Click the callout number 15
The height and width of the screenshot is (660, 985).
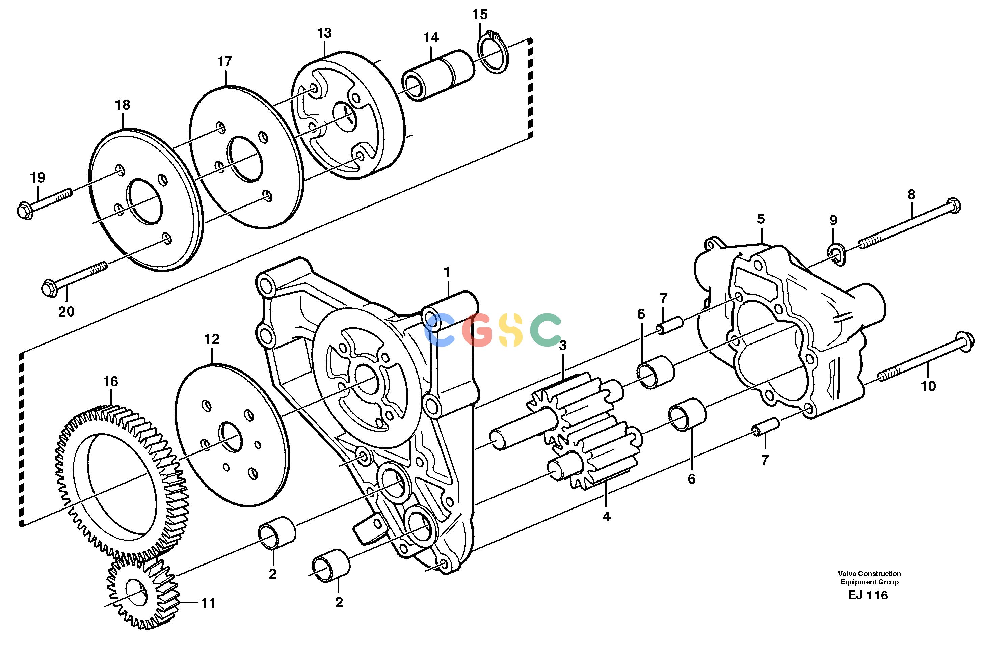[479, 15]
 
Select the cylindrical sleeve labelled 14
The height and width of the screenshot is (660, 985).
[438, 75]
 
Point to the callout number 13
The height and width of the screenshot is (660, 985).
[324, 33]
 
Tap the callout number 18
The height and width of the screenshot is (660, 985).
[123, 105]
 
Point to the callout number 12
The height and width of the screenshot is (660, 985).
[212, 339]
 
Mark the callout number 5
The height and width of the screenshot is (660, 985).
[761, 219]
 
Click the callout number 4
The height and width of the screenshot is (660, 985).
[606, 517]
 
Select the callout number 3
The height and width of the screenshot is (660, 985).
[563, 346]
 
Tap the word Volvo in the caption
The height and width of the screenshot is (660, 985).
[846, 573]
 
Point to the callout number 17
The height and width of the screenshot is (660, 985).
[225, 61]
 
